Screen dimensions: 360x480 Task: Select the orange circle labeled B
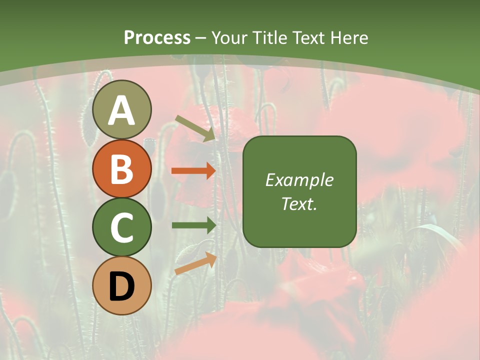tap(122, 168)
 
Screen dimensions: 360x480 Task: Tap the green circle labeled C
tap(122, 227)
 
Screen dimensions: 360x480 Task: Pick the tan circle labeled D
tap(122, 285)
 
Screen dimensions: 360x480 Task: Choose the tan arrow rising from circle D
tap(195, 263)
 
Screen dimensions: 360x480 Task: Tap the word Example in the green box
tap(299, 180)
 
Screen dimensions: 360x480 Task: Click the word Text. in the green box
tap(299, 203)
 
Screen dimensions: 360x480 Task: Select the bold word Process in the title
tap(157, 37)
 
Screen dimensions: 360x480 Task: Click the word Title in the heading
tap(269, 37)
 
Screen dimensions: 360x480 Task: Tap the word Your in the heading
tap(230, 37)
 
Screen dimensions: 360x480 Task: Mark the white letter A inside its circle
tap(122, 110)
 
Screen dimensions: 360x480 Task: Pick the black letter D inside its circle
tap(122, 287)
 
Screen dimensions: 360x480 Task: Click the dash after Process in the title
tap(200, 38)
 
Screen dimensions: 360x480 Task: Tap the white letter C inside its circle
tap(122, 228)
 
